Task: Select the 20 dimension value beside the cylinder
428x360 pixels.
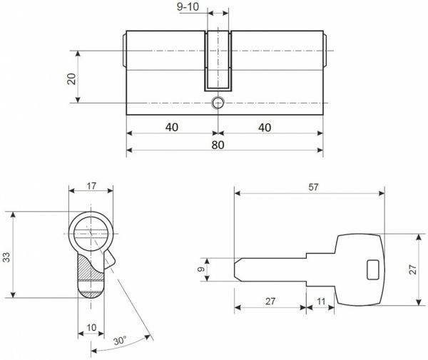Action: [x=71, y=78]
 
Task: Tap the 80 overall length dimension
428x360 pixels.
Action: [x=218, y=145]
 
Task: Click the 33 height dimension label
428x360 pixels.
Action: [x=8, y=257]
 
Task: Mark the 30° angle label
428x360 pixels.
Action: [x=121, y=341]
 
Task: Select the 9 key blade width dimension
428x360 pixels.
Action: [x=202, y=269]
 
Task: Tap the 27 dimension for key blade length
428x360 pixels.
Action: [x=270, y=302]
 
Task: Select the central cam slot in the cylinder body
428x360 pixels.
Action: [x=218, y=61]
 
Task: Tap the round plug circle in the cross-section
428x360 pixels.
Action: [x=91, y=232]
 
